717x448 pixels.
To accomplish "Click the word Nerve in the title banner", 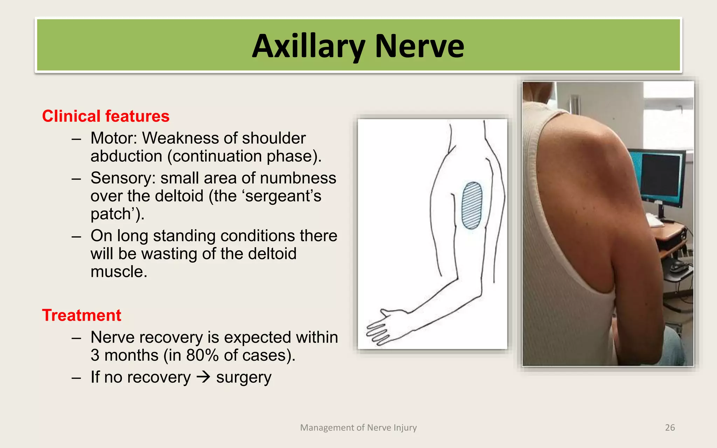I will pos(419,46).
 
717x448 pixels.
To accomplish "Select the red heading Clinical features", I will pos(106,116).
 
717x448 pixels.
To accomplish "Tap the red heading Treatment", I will pos(82,315).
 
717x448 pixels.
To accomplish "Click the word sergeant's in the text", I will pos(283,196).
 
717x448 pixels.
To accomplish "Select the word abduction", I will pos(126,156).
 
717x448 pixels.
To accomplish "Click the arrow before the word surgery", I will pos(203,377).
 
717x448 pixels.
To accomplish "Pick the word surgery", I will pos(244,378).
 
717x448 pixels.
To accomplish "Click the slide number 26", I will pos(670,428).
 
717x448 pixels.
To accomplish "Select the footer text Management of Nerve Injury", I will pos(358,428).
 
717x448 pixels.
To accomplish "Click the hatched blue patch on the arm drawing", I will pos(472,205).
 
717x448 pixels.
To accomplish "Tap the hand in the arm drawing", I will pos(383,325).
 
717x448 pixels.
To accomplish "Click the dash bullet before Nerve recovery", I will pos(76,338).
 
